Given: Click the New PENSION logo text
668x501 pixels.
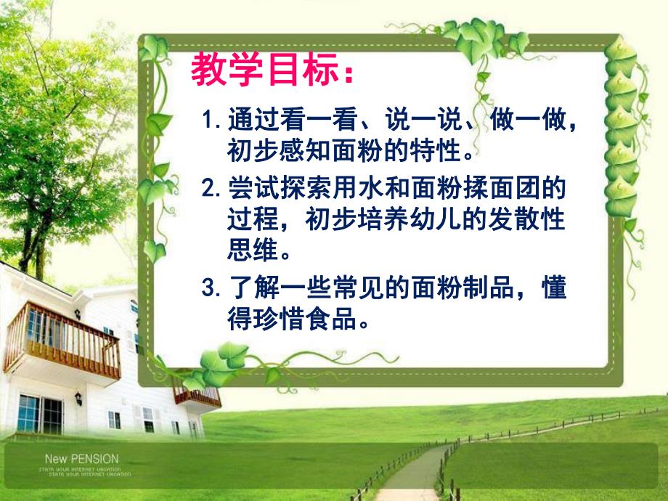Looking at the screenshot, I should point(81,459).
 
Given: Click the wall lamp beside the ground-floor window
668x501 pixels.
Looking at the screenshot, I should point(78,399).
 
